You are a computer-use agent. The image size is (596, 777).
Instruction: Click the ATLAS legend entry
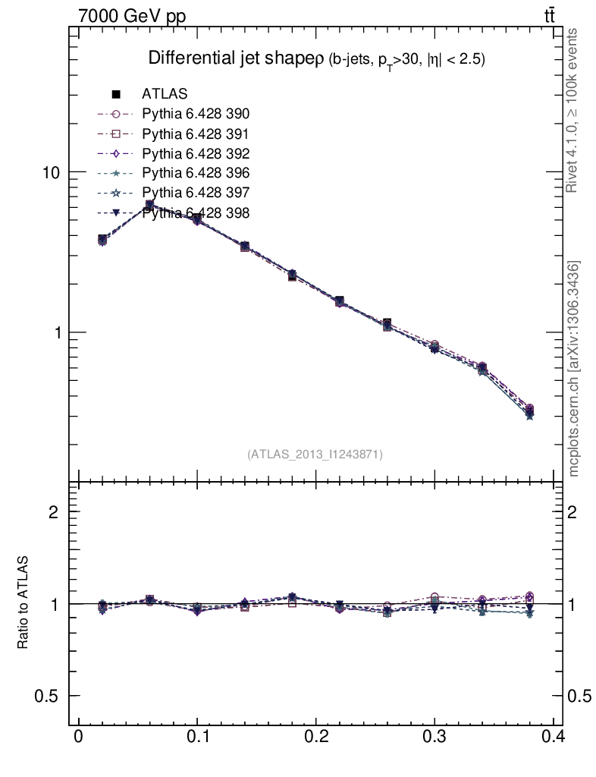(x=165, y=94)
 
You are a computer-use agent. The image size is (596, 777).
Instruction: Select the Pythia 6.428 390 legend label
(x=196, y=114)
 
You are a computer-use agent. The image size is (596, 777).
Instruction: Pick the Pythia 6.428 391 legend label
(x=196, y=134)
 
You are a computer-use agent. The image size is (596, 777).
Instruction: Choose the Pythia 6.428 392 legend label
(x=196, y=153)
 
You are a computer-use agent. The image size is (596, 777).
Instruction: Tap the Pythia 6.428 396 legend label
(x=196, y=173)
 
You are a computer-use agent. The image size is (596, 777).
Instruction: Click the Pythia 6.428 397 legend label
(x=196, y=193)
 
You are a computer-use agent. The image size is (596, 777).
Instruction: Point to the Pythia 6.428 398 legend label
(x=196, y=212)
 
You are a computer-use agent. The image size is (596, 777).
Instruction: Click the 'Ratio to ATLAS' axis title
(x=24, y=603)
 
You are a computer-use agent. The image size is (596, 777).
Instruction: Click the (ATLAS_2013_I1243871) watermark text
(x=315, y=455)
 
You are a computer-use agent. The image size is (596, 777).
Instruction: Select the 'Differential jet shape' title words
(x=235, y=58)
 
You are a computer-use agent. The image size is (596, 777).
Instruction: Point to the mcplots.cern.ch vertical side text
(x=574, y=369)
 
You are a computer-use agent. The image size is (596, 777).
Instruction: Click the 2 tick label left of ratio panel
(x=53, y=511)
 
